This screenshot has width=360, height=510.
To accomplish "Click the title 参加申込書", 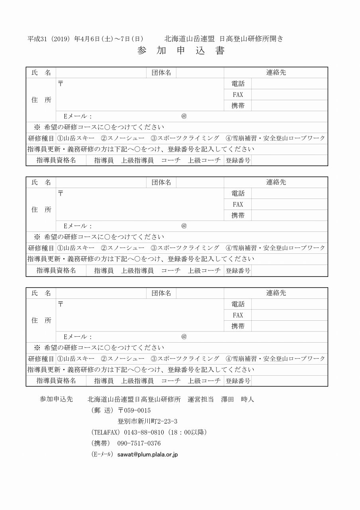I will pyautogui.click(x=181, y=51).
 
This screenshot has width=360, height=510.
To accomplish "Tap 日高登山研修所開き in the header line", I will pyautogui.click(x=251, y=39).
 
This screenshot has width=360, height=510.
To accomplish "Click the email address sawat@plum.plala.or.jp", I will pyautogui.click(x=147, y=454).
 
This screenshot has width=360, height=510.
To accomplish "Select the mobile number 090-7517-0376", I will pyautogui.click(x=139, y=443).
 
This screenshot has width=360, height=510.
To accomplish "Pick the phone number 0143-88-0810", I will pyautogui.click(x=144, y=432).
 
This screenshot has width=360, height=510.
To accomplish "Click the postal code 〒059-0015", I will pyautogui.click(x=134, y=410).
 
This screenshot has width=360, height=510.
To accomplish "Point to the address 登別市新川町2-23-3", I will pyautogui.click(x=147, y=421).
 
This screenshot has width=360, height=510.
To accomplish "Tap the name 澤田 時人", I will pyautogui.click(x=237, y=399).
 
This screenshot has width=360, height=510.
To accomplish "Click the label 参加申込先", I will pyautogui.click(x=56, y=399).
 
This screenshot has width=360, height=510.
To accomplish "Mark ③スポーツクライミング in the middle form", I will pyautogui.click(x=185, y=248).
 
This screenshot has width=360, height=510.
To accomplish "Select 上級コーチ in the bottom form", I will pyautogui.click(x=204, y=381).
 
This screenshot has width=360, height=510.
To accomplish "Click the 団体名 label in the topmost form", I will pyautogui.click(x=161, y=73).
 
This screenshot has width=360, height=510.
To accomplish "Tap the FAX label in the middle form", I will pyautogui.click(x=238, y=204).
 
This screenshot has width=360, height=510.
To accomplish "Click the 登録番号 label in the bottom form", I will pyautogui.click(x=238, y=381).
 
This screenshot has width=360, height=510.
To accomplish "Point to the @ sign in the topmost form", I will pyautogui.click(x=184, y=116).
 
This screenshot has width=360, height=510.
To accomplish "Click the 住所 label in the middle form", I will pyautogui.click(x=41, y=210).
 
